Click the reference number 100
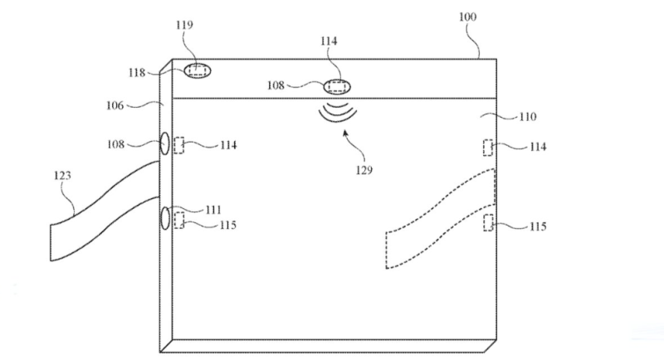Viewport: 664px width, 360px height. click(467, 17)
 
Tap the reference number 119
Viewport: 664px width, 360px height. click(184, 25)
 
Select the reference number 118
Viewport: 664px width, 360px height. click(137, 73)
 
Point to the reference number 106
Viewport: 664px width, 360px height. click(115, 105)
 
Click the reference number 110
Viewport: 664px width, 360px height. click(528, 116)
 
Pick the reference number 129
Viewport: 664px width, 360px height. click(364, 170)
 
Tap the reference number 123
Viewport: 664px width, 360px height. click(62, 175)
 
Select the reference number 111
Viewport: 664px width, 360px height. click(213, 209)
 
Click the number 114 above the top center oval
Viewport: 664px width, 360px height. click(329, 41)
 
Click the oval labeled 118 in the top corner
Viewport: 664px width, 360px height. click(198, 71)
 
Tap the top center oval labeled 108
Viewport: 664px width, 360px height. click(337, 87)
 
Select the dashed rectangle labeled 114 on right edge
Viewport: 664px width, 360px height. click(488, 147)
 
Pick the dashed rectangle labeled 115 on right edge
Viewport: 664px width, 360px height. click(488, 222)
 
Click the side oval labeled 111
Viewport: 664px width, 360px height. click(165, 219)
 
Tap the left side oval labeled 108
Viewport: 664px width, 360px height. click(164, 143)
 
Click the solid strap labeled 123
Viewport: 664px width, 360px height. click(105, 212)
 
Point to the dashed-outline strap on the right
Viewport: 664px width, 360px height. click(441, 219)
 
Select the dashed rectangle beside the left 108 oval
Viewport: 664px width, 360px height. click(178, 145)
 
